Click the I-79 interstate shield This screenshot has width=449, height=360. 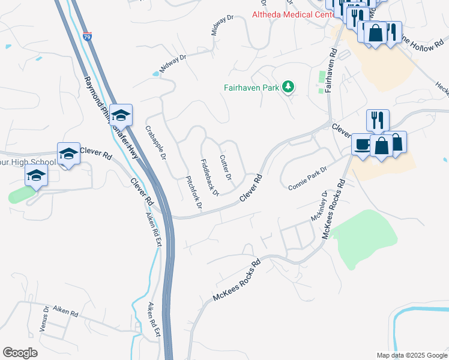[88, 37]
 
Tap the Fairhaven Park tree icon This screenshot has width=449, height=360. [289, 87]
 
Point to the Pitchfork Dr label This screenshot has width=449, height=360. [194, 193]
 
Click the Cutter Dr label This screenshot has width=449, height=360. [226, 167]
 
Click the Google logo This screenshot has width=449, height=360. [20, 353]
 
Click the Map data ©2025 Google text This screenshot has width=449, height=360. [411, 355]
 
